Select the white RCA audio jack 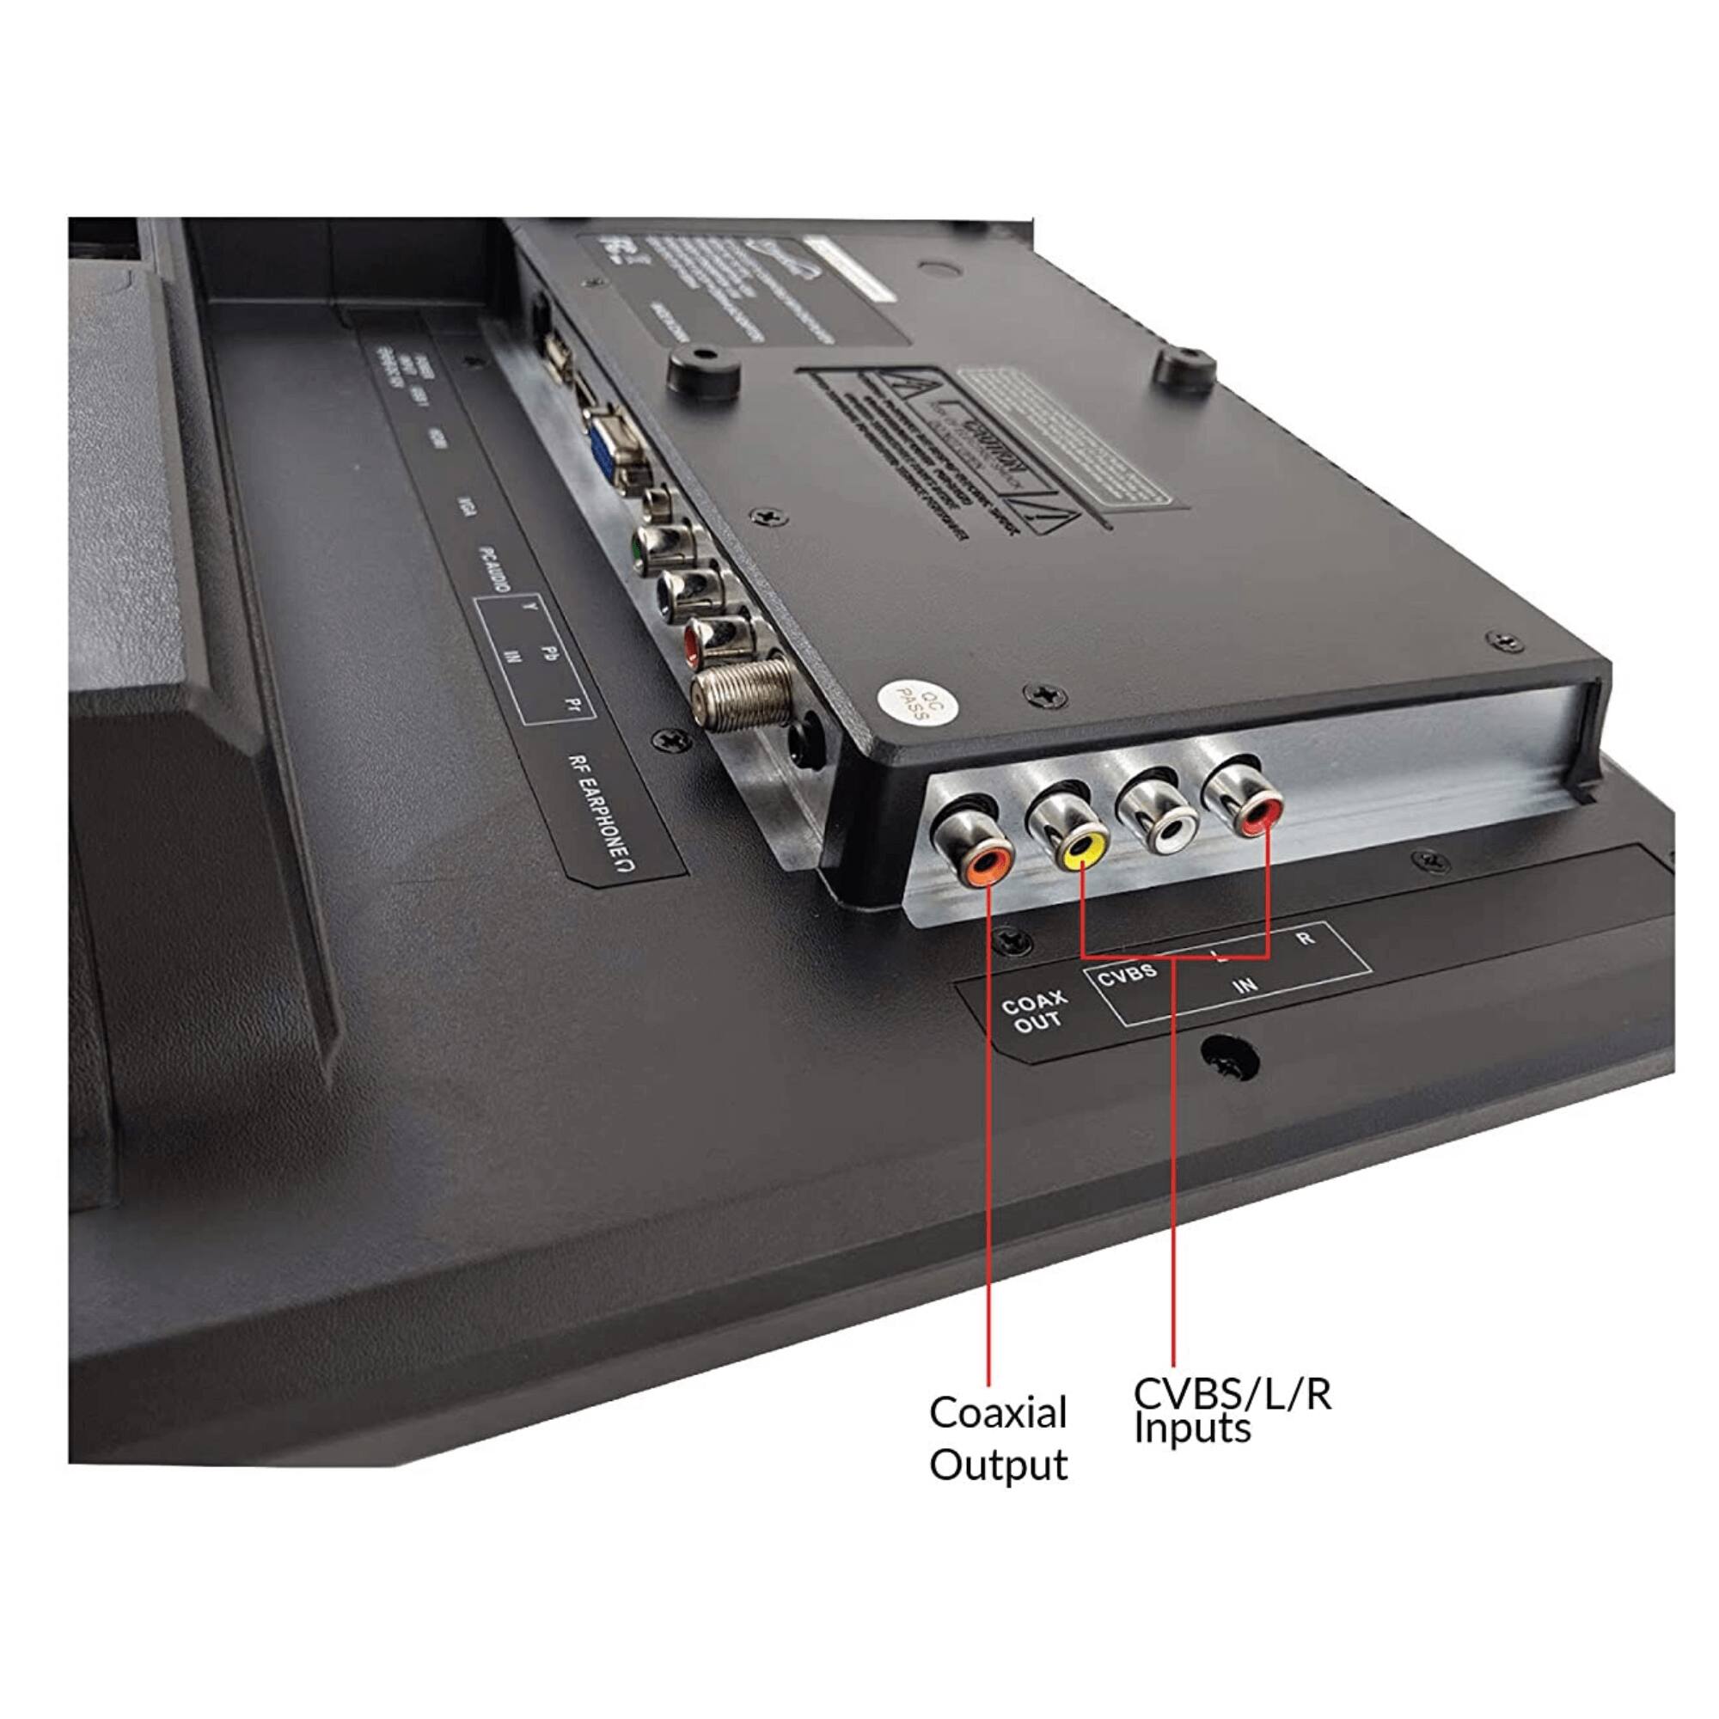1166,829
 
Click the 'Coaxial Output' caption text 997,1438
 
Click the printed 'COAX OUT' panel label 1035,1012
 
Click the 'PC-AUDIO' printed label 494,566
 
